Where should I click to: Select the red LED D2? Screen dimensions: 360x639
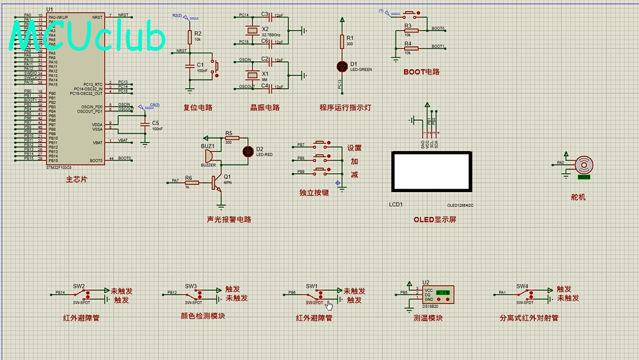[248, 151]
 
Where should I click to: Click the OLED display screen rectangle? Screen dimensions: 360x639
[429, 171]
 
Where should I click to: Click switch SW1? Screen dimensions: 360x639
[312, 294]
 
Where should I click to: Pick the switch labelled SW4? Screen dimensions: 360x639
[522, 294]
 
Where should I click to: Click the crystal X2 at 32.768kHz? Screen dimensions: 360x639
[251, 30]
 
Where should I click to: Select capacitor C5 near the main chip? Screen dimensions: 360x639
[145, 123]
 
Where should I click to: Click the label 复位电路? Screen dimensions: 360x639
[198, 107]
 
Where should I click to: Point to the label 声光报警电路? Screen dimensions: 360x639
[229, 219]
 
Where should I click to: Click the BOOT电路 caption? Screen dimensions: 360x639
[421, 72]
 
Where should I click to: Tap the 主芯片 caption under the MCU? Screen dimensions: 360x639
[76, 179]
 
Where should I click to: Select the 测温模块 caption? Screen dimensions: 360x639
[427, 318]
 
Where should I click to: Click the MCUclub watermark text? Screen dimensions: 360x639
[88, 37]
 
